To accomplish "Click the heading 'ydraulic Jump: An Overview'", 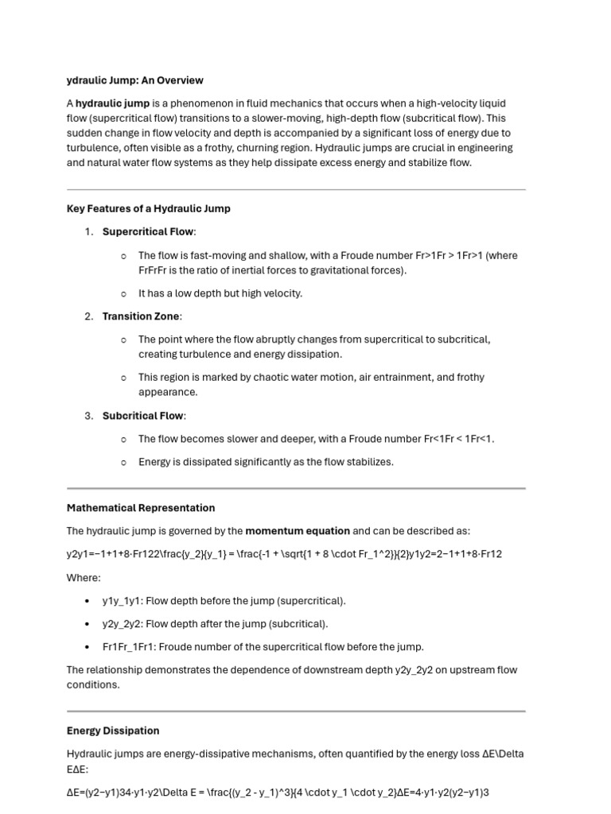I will tap(134, 80).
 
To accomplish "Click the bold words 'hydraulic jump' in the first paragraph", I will tap(112, 103).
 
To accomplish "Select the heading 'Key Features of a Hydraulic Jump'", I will tap(148, 208).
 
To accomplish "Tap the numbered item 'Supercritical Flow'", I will tap(147, 231).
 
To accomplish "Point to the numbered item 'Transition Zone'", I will tap(141, 316).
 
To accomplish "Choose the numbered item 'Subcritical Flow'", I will tap(143, 416).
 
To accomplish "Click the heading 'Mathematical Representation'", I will tap(141, 508).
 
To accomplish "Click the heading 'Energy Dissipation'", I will tap(113, 731).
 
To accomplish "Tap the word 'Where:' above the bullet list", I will tap(84, 578).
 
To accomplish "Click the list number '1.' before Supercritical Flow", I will tap(89, 231).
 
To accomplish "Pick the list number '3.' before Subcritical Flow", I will tap(89, 416).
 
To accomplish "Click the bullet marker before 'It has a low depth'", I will tap(123, 293).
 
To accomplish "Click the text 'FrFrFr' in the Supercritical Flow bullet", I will tap(154, 270).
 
